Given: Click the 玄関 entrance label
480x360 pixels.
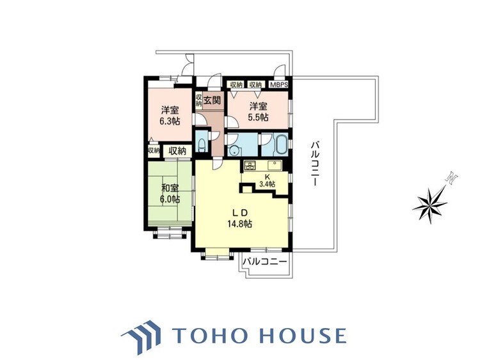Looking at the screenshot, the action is coord(212,100).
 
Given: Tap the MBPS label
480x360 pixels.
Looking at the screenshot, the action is coord(278,84).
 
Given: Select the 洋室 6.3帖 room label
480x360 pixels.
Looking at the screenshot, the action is coord(170,115).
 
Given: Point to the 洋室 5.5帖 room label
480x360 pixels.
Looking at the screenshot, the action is coord(259,112).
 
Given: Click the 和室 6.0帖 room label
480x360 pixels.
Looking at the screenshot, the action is coord(170,194).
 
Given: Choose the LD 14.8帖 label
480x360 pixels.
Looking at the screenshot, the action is coord(239,219).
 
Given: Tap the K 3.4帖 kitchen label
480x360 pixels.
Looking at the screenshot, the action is coord(267,181).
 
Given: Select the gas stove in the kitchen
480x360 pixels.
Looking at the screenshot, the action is coord(250,166).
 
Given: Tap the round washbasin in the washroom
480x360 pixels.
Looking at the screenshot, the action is coord(235,150).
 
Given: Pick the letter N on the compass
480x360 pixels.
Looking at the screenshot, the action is coord(452,178).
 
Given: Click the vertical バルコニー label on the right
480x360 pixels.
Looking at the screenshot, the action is coord(316,163).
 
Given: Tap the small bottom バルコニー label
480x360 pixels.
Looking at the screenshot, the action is coord(265,262).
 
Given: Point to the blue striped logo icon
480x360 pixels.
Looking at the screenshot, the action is coord(141,336).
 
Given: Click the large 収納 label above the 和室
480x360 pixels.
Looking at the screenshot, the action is coord(177,150).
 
